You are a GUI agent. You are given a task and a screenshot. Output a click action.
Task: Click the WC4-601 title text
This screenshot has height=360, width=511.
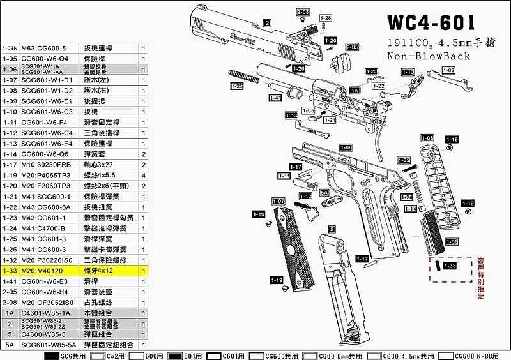pyautogui.click(x=431, y=24)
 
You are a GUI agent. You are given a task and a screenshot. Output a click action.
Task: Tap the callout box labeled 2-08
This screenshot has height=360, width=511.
pyautogui.click(x=303, y=12)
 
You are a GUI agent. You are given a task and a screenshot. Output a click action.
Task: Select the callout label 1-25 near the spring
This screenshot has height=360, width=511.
pyautogui.click(x=236, y=86)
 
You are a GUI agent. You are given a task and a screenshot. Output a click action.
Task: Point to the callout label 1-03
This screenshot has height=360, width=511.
pyautogui.click(x=448, y=70)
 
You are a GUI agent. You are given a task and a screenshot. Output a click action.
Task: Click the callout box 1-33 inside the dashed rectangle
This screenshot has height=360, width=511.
pyautogui.click(x=450, y=265)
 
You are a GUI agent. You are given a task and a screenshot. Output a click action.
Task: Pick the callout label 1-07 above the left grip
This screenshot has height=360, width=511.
pyautogui.click(x=278, y=202)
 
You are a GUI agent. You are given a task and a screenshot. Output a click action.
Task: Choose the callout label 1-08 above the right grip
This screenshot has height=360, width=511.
pyautogui.click(x=427, y=139)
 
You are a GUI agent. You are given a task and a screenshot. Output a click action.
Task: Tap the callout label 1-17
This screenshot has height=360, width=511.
pyautogui.click(x=362, y=259)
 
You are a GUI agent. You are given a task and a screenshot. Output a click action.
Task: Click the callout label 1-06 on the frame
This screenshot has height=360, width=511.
pyautogui.click(x=346, y=147)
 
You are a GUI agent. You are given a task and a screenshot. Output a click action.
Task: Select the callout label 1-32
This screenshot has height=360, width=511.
pyautogui.click(x=404, y=160)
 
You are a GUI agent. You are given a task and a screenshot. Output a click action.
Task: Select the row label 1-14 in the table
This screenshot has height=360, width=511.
pyautogui.click(x=10, y=154)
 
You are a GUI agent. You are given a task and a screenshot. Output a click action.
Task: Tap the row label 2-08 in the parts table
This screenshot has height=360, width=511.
pyautogui.click(x=10, y=303)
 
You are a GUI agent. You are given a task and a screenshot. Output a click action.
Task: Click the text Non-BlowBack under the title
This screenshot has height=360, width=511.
pyautogui.click(x=428, y=56)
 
